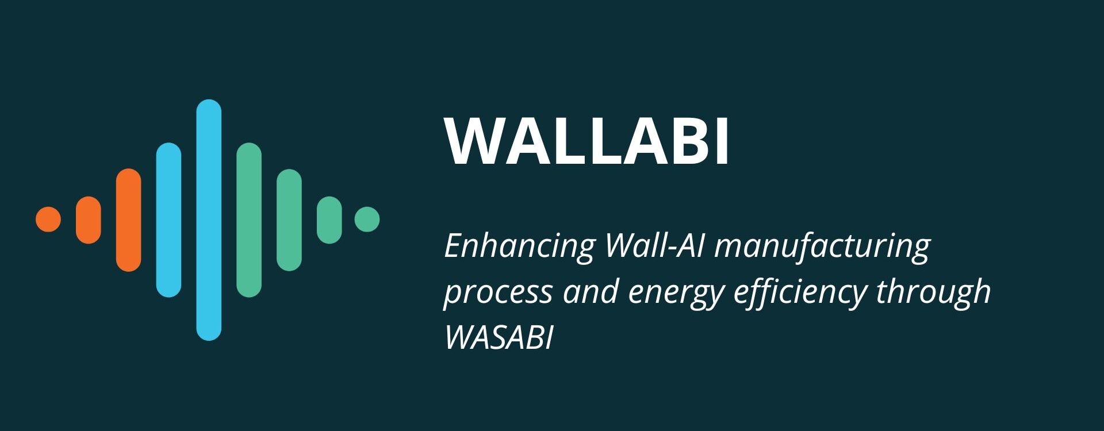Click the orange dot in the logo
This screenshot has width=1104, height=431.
click(x=48, y=220)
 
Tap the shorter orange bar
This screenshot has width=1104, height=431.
click(x=89, y=220)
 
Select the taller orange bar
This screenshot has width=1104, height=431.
click(x=129, y=220)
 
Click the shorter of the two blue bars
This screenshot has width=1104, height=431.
click(x=169, y=220)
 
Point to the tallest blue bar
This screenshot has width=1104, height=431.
click(x=209, y=220)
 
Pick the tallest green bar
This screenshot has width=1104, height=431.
click(x=249, y=220)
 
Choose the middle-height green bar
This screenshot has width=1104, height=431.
click(x=289, y=220)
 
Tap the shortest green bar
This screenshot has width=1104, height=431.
click(x=329, y=220)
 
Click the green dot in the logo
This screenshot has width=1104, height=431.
click(x=367, y=220)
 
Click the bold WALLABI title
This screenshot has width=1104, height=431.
click(x=587, y=141)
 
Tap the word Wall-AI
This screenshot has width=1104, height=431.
click(x=655, y=245)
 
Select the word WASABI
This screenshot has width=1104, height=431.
click(x=499, y=337)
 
